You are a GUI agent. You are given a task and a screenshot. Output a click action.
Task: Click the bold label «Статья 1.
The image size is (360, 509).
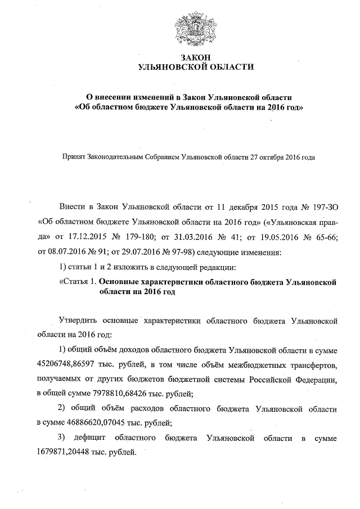pos(78,280)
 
